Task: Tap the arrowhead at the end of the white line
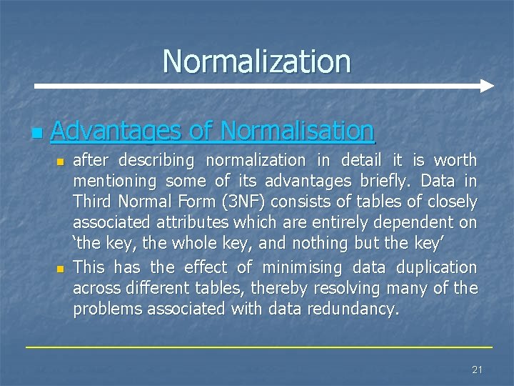coord(487,86)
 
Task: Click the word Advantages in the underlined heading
coord(116,131)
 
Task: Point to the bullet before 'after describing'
coord(61,162)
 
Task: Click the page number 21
coord(477,370)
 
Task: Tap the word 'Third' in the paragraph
coord(94,202)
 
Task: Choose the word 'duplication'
coord(434,267)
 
